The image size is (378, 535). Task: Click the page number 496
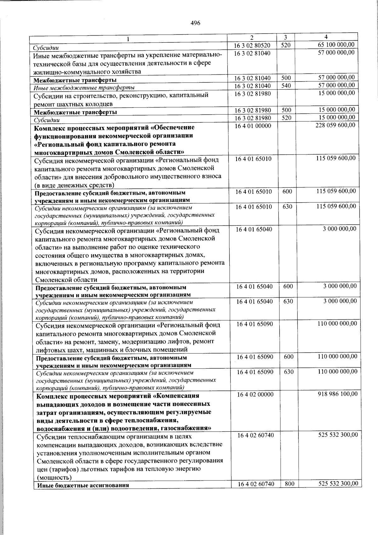tap(195, 23)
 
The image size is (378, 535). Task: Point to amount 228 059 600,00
tap(335, 125)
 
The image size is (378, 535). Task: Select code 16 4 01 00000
tap(253, 126)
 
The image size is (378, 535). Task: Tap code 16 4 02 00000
tap(255, 394)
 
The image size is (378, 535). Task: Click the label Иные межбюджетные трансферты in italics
tap(84, 88)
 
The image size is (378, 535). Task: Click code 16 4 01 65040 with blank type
tap(254, 229)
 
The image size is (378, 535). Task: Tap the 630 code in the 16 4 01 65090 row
tap(289, 372)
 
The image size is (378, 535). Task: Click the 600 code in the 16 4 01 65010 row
tap(287, 191)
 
